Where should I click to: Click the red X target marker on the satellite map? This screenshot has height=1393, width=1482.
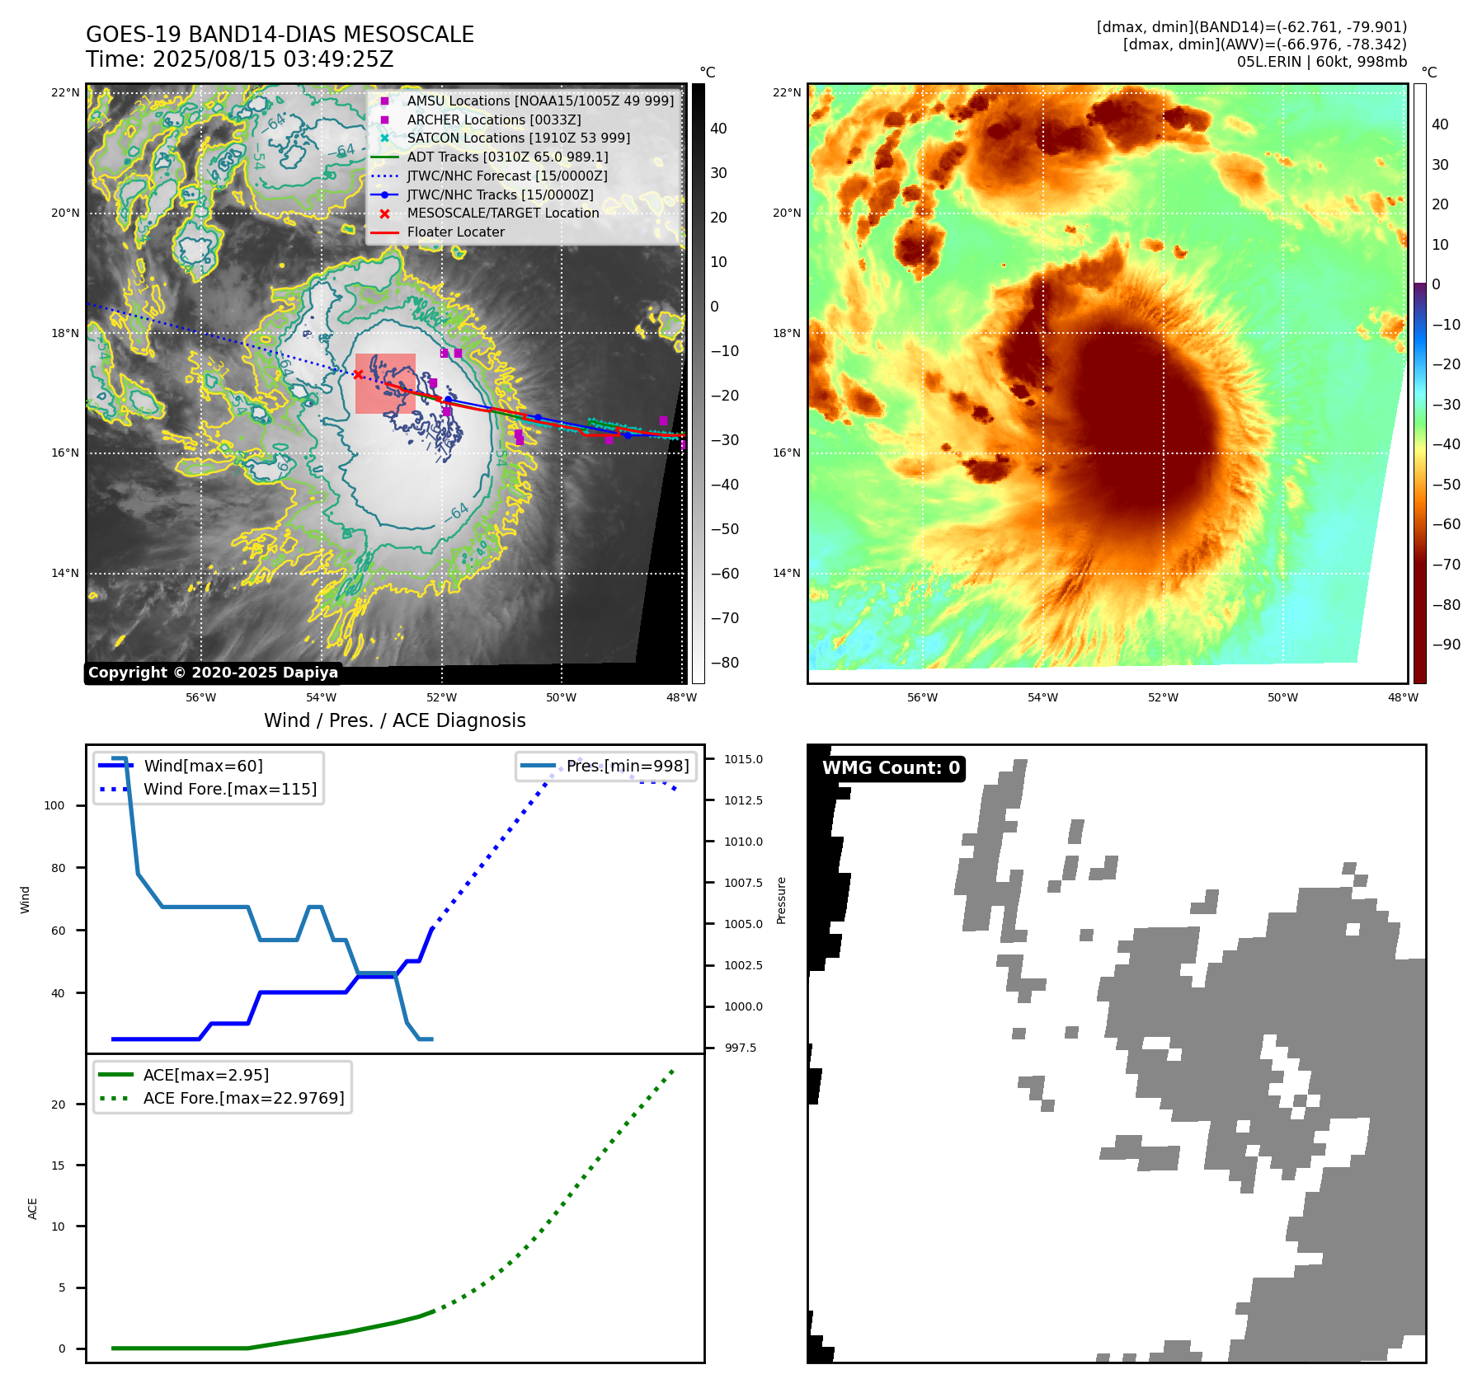tap(358, 374)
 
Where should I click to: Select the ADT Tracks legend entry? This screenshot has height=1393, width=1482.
tap(507, 157)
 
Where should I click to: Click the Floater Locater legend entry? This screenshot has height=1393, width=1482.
tap(455, 232)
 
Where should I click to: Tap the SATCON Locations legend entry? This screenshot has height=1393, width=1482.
tap(518, 138)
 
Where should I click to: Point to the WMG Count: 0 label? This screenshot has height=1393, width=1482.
tap(891, 768)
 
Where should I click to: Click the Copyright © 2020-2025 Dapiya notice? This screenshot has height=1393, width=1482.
tap(213, 673)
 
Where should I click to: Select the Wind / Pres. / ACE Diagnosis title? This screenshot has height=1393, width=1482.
tap(394, 720)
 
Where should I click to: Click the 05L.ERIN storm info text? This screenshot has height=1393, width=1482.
tap(1321, 62)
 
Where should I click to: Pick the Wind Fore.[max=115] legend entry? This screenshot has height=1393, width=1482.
tap(229, 789)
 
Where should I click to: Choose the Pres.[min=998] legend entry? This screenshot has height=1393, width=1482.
tap(627, 766)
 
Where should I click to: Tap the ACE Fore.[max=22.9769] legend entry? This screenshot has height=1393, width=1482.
tap(243, 1098)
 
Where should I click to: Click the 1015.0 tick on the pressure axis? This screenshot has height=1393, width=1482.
tap(743, 759)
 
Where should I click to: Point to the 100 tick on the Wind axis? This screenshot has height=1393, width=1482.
tap(54, 805)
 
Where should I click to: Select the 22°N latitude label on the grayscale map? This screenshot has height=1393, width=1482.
tap(65, 92)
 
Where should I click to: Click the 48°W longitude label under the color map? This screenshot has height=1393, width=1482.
tap(1402, 697)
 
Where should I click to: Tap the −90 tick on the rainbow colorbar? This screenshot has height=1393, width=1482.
tap(1446, 645)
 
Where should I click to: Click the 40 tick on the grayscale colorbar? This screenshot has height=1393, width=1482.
tap(718, 128)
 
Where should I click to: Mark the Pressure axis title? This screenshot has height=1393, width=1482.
tap(781, 900)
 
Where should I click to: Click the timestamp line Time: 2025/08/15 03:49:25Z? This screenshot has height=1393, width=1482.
tap(239, 59)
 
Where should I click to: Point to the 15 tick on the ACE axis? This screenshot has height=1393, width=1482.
tap(58, 1166)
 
